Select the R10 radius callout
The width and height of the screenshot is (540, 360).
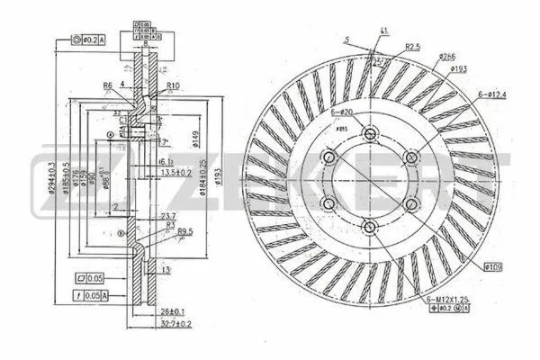tap(175, 85)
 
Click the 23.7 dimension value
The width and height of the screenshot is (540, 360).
tap(166, 216)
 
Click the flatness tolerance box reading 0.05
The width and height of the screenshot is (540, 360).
tap(93, 278)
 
